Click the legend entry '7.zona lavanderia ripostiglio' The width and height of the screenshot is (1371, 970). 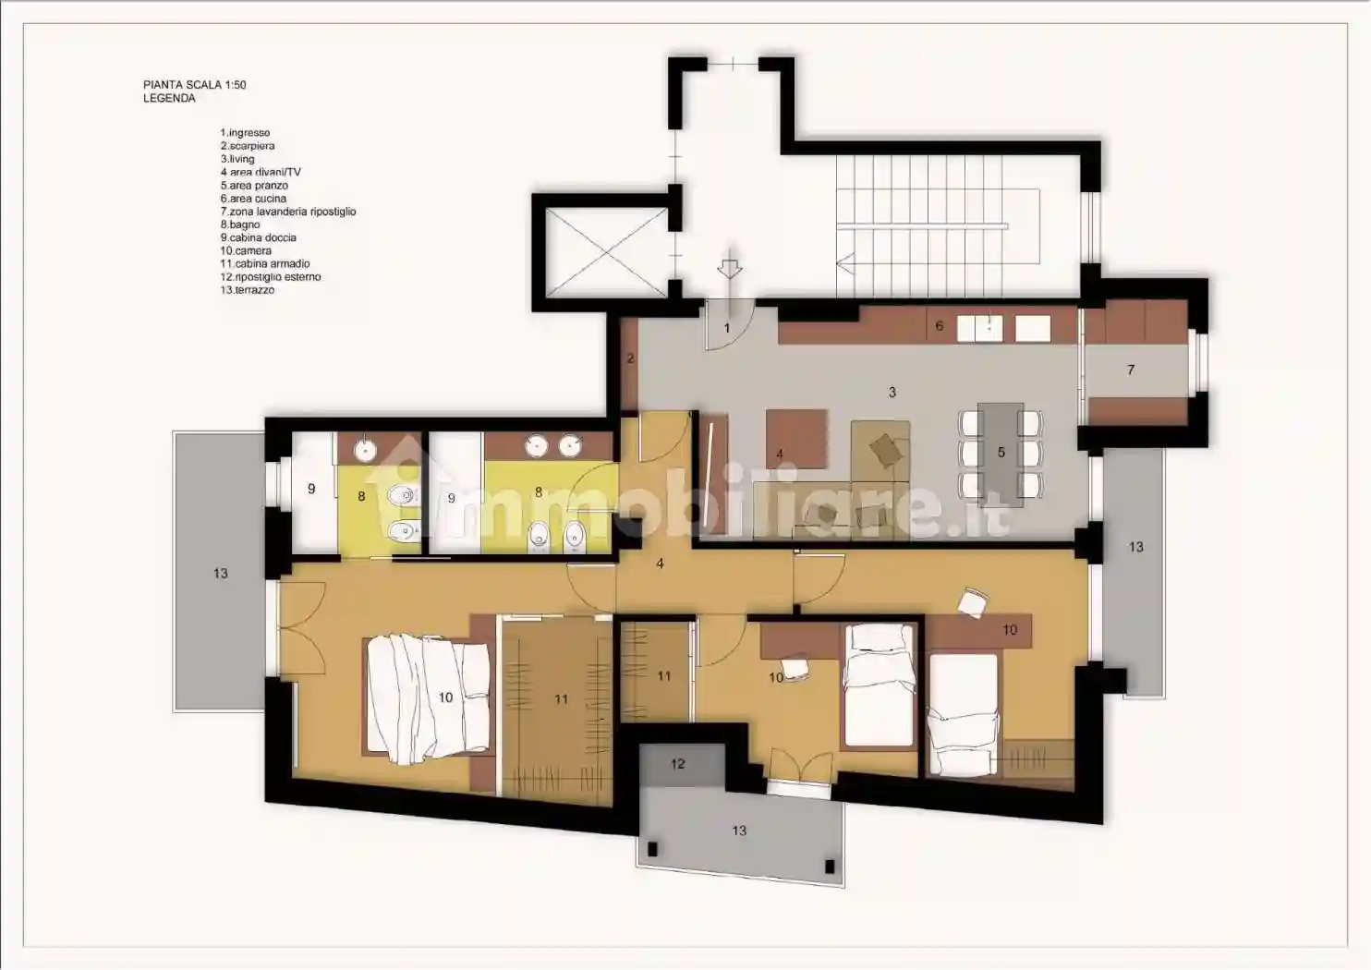(288, 212)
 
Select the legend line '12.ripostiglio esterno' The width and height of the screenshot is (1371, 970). (271, 276)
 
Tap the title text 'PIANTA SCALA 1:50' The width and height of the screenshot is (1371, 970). (195, 85)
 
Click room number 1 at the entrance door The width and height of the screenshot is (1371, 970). (727, 329)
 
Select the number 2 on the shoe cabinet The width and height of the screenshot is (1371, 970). (631, 359)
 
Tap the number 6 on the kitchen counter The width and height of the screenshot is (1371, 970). (940, 325)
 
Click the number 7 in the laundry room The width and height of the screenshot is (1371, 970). (1131, 370)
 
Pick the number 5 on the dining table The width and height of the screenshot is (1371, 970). (1001, 453)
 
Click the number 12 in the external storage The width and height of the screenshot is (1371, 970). (677, 764)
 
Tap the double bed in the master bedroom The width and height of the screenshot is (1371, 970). (429, 698)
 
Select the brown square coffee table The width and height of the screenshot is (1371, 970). (796, 439)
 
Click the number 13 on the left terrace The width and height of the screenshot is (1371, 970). (220, 574)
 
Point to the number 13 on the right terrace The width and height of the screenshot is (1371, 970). (1136, 547)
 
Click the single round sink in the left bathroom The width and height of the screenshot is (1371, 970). (366, 450)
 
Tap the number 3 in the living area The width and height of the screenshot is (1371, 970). (892, 393)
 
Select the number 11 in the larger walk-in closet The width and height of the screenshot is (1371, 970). (562, 699)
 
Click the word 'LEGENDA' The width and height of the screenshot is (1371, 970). (170, 99)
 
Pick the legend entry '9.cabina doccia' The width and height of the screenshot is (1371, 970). (259, 237)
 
